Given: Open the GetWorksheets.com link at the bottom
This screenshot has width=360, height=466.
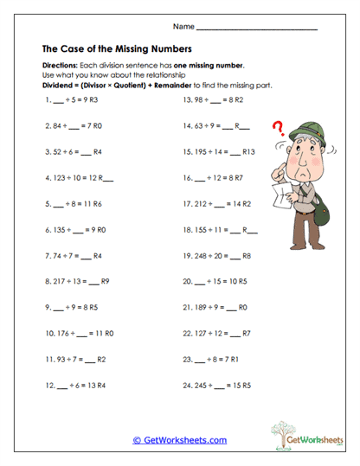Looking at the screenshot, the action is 179,440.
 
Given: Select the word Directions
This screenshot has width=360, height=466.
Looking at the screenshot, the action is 60,67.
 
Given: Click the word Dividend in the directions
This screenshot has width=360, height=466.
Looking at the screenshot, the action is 58,86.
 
